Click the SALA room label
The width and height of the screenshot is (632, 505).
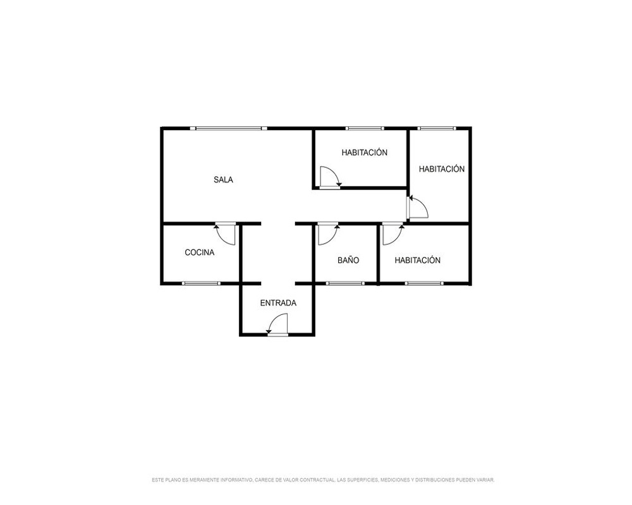point(223,180)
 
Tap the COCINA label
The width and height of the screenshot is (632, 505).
point(200,252)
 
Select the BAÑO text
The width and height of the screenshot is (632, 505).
point(348,260)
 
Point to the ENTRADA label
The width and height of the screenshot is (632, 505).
point(278,303)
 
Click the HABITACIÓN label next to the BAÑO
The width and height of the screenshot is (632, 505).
point(418,260)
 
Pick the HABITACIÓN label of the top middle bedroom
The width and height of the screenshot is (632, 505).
point(365,152)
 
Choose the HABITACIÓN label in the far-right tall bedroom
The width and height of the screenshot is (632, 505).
point(442,169)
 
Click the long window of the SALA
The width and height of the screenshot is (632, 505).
point(229,129)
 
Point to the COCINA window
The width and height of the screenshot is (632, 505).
point(201,283)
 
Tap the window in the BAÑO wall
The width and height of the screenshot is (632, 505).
point(345,283)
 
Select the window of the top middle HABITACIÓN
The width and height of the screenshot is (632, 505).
point(365,129)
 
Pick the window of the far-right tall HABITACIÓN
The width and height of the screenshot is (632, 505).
point(437,129)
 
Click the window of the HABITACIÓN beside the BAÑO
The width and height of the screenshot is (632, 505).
point(424,283)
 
